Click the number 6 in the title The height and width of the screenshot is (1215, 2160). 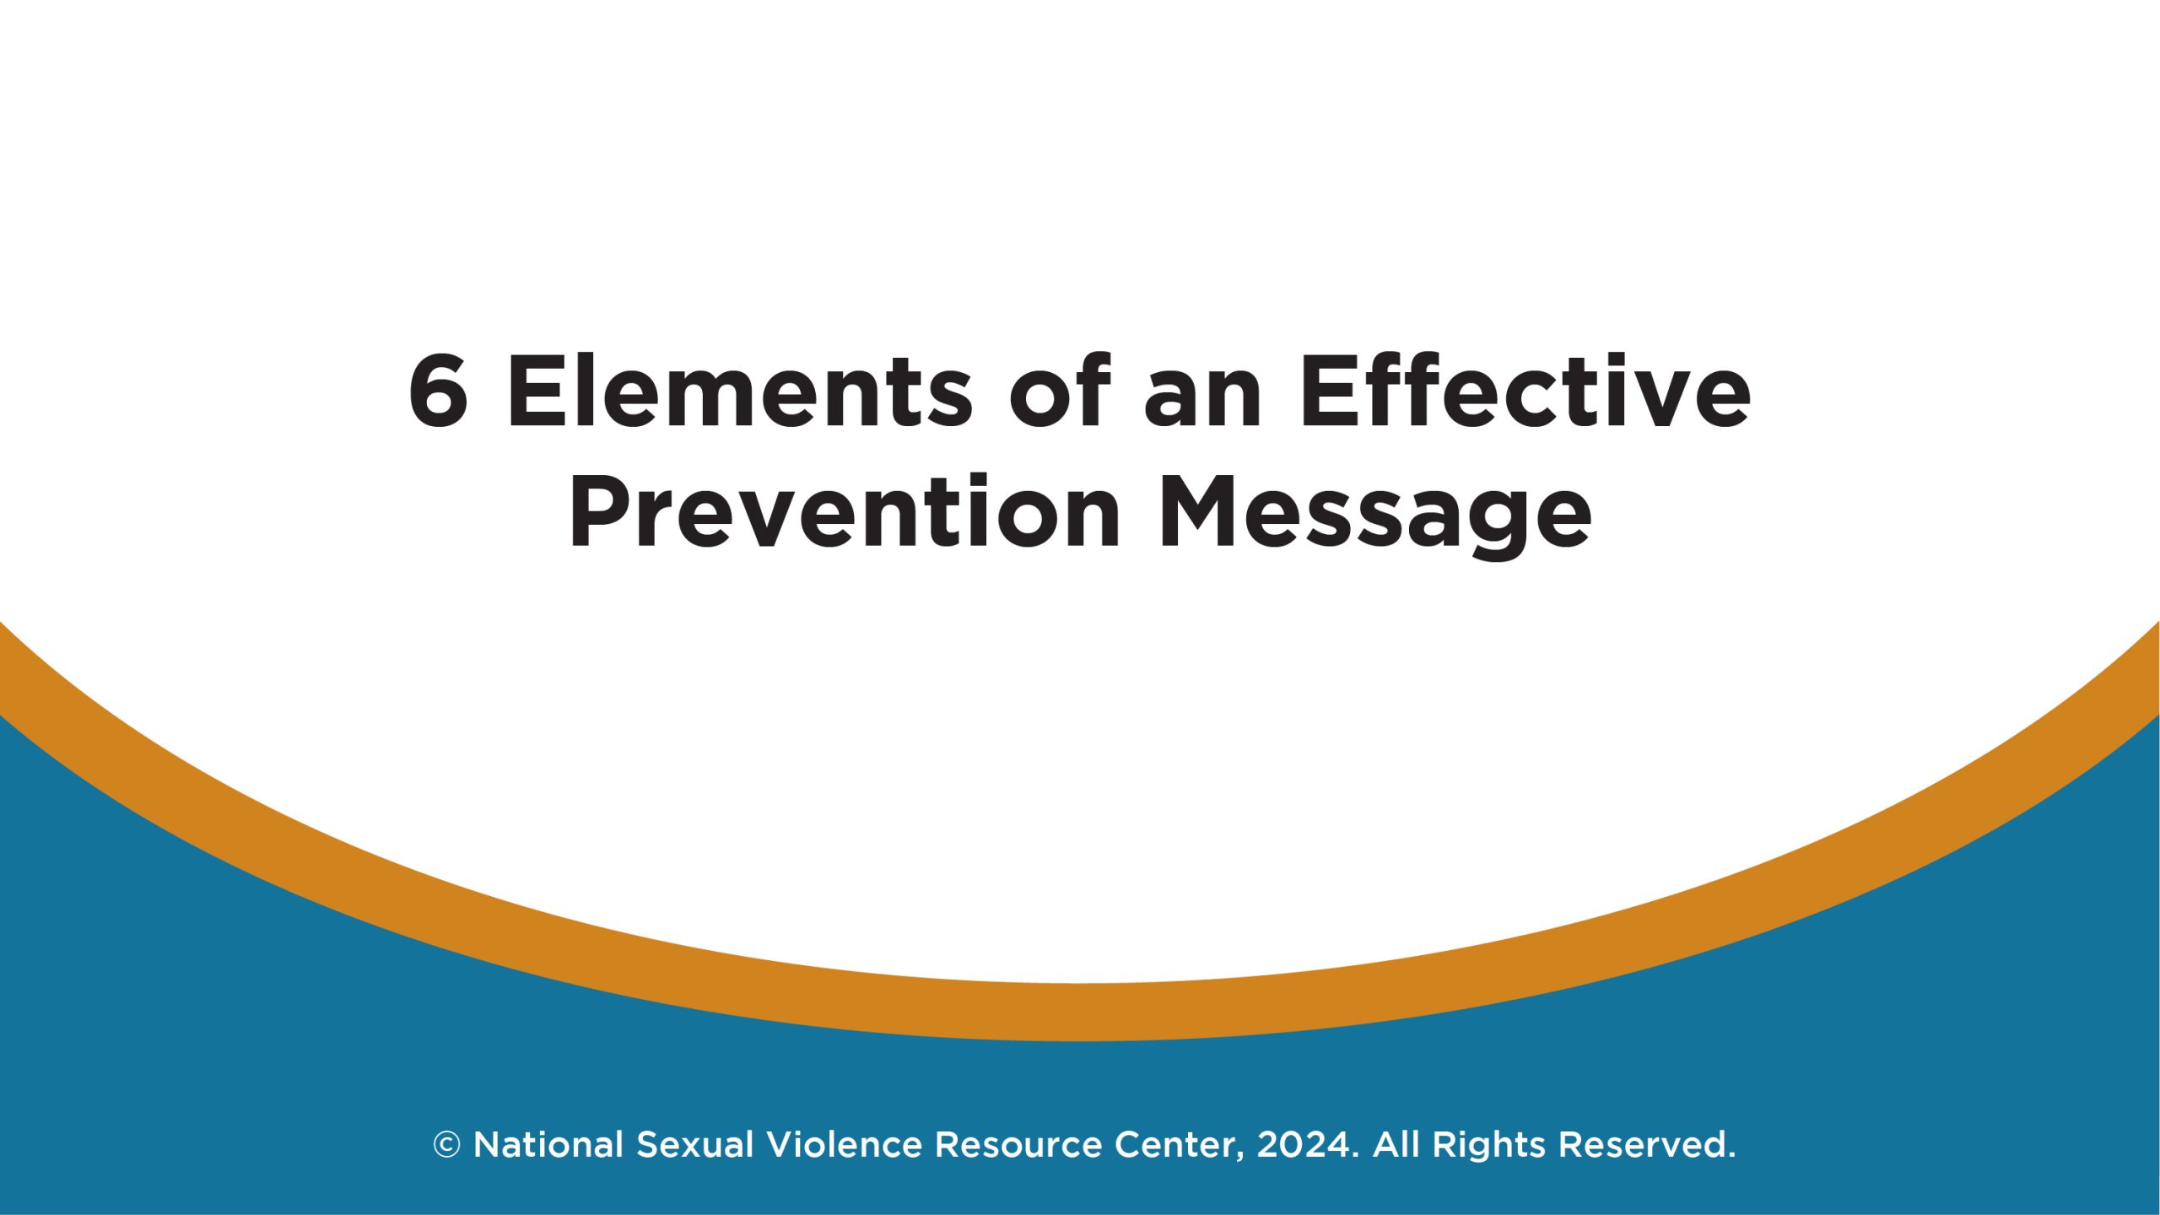438,392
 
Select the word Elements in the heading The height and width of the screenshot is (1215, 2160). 740,392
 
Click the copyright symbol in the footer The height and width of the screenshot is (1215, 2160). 446,1145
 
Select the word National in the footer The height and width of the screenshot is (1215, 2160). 548,1145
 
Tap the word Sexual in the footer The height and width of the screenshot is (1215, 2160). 694,1145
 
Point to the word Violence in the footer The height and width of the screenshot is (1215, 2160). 844,1145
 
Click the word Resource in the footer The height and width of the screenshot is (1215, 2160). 1018,1145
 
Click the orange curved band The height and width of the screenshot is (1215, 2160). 1080,1011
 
